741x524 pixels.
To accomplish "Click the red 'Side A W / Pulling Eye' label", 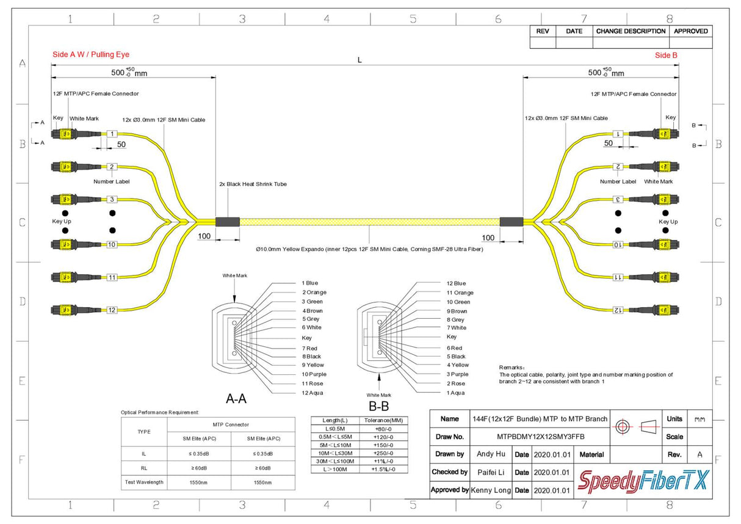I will tap(91, 55).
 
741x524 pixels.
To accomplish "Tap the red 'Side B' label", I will tap(666, 55).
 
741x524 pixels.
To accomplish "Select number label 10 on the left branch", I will tap(112, 245).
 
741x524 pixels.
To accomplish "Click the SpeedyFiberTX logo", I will tap(644, 481).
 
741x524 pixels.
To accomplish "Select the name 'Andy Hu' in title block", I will tap(491, 454).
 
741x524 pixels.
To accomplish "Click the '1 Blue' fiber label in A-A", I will tap(309, 283).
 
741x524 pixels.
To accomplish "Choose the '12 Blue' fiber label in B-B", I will tap(455, 283).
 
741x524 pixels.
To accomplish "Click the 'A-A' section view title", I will tap(236, 399).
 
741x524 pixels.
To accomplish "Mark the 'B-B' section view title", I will tap(379, 406).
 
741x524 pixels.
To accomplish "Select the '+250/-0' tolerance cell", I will tap(385, 453).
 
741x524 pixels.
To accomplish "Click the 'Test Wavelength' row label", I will tap(143, 482).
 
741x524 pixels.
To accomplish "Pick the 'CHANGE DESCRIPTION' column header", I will tap(631, 31).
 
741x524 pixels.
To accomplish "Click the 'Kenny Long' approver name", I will tap(491, 490).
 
